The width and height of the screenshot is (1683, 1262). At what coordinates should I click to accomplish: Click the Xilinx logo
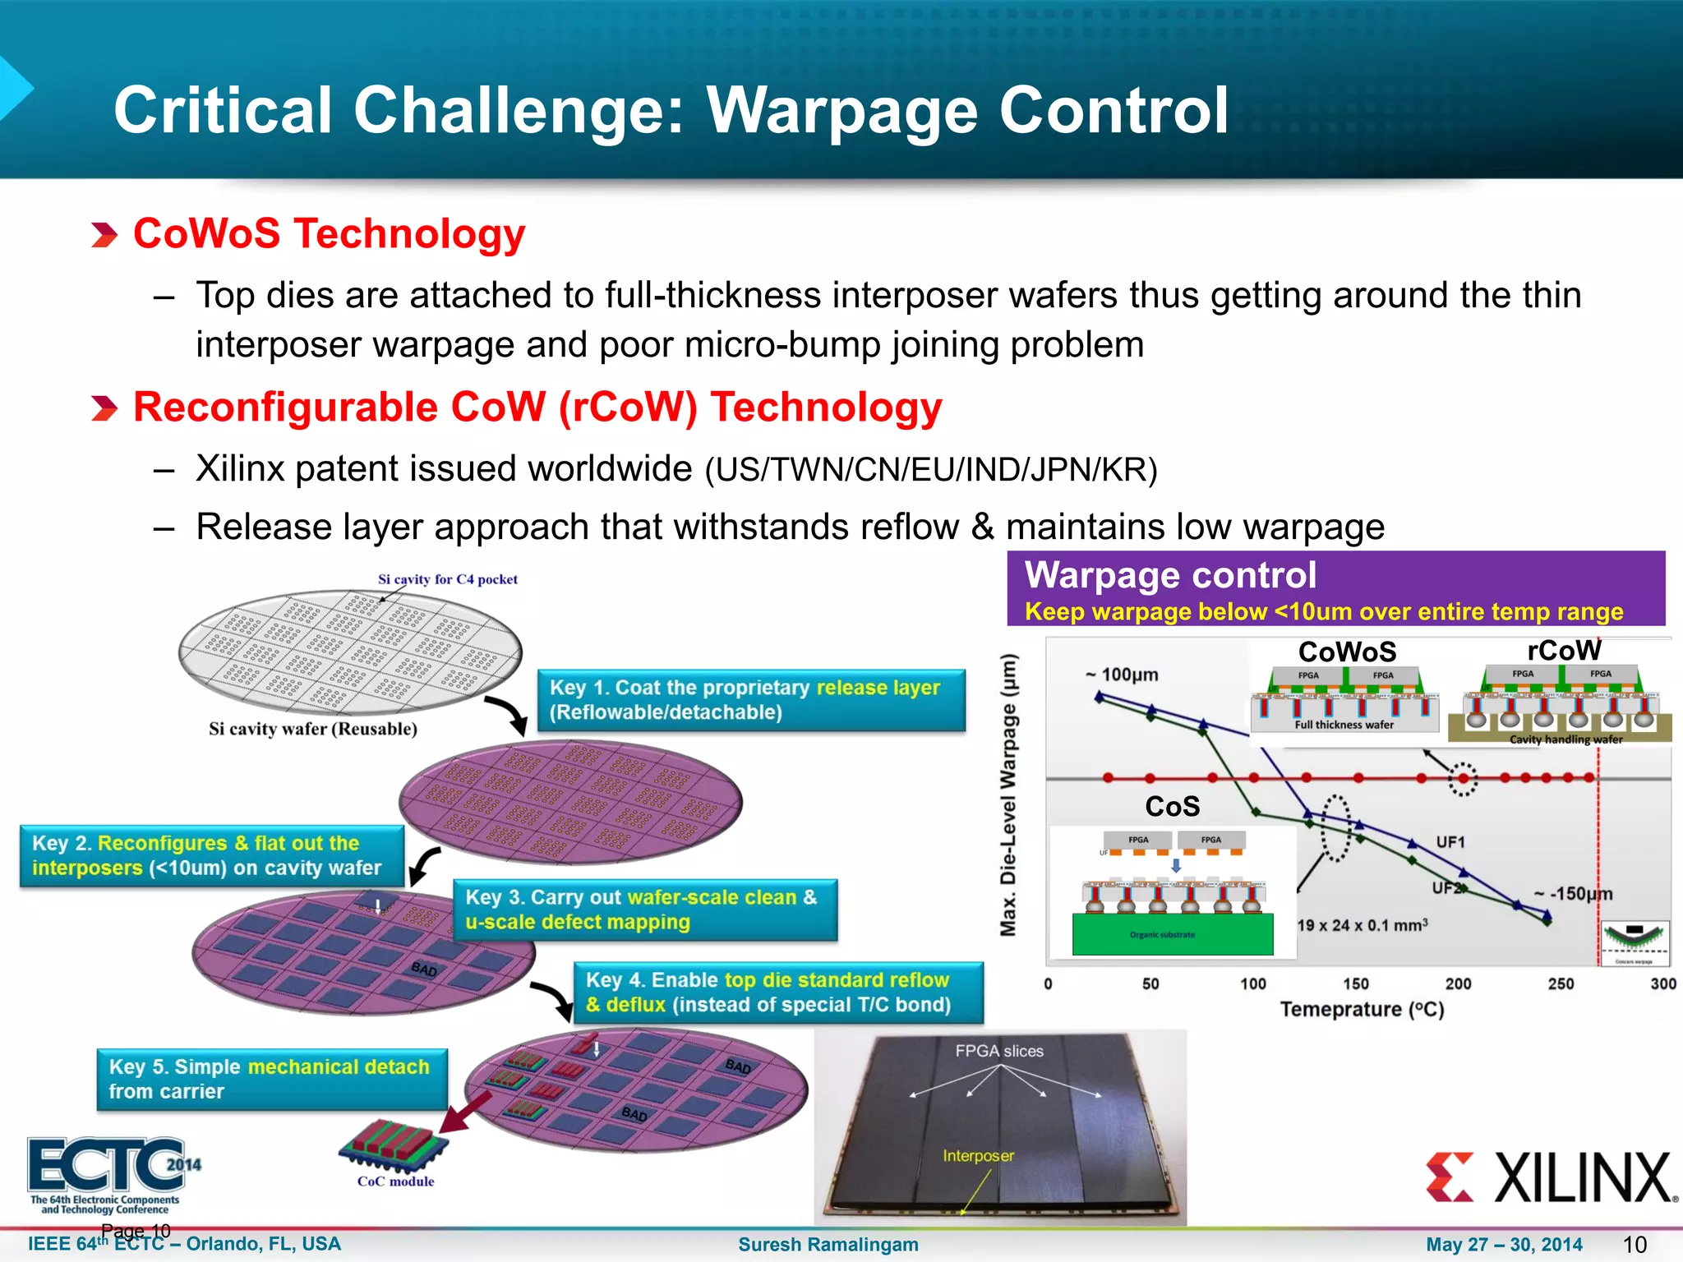click(x=1550, y=1177)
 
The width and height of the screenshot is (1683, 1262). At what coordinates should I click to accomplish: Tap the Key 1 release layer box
click(x=751, y=700)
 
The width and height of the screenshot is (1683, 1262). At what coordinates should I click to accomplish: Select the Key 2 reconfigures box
click(x=211, y=855)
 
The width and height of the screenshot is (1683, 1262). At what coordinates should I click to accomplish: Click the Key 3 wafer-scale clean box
click(x=645, y=910)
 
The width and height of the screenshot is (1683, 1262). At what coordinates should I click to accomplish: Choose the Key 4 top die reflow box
click(x=777, y=993)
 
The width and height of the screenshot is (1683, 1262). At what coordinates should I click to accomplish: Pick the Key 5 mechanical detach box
click(x=271, y=1079)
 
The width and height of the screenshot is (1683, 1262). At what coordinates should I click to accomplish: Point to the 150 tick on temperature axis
click(x=1355, y=983)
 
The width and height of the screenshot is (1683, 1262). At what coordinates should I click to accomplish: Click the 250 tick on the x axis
click(x=1561, y=983)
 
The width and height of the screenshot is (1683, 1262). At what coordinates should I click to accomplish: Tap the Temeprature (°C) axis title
click(x=1362, y=1009)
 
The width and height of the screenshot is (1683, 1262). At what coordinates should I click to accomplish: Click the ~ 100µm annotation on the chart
click(x=1122, y=675)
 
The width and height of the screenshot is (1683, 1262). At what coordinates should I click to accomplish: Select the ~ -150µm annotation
click(x=1573, y=894)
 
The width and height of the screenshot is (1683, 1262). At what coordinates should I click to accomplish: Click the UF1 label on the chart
click(x=1450, y=841)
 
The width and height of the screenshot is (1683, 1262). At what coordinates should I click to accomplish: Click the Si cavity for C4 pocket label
click(x=447, y=579)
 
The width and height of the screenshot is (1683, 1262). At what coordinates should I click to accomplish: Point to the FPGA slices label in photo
click(x=999, y=1051)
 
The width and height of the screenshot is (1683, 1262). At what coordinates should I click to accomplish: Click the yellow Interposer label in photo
click(x=978, y=1155)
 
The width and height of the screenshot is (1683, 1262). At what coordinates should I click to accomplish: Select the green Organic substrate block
click(x=1172, y=935)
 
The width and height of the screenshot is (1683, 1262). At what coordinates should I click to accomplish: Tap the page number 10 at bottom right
click(x=1635, y=1244)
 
